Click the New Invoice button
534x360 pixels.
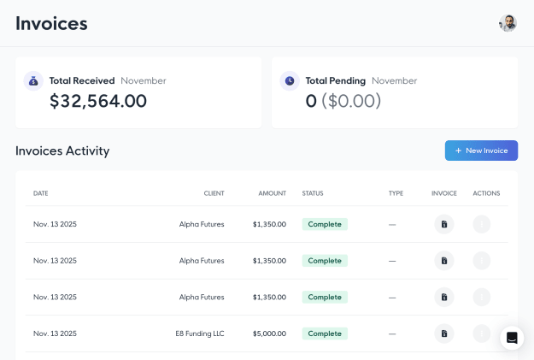pyautogui.click(x=481, y=150)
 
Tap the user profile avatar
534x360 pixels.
pyautogui.click(x=508, y=23)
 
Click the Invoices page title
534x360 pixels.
pyautogui.click(x=51, y=24)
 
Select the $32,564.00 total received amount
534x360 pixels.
pyautogui.click(x=98, y=101)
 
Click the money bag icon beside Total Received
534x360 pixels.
pyautogui.click(x=33, y=80)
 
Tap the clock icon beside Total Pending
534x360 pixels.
pyautogui.click(x=290, y=80)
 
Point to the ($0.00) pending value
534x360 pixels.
pyautogui.click(x=351, y=101)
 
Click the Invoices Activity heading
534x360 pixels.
pyautogui.click(x=62, y=150)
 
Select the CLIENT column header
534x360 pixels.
pyautogui.click(x=214, y=193)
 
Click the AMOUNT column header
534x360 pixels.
pyautogui.click(x=272, y=193)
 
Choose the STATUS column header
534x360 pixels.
pyautogui.click(x=313, y=193)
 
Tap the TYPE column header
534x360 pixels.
pyautogui.click(x=396, y=193)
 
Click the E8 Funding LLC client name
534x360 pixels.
pyautogui.click(x=200, y=333)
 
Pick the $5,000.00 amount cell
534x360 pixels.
pyautogui.click(x=269, y=333)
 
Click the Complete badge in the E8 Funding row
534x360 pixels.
pyautogui.click(x=325, y=333)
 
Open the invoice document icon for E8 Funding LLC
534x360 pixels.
pyautogui.click(x=444, y=333)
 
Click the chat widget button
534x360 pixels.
pyautogui.click(x=512, y=338)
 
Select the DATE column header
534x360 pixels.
pyautogui.click(x=40, y=193)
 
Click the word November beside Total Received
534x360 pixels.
pyautogui.click(x=144, y=80)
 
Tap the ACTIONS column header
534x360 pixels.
pyautogui.click(x=486, y=193)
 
